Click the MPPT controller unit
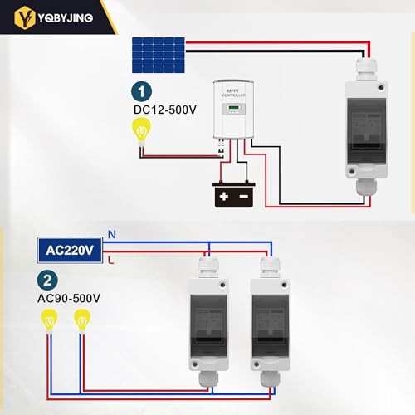[237, 110]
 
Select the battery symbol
[233, 195]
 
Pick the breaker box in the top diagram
[366, 129]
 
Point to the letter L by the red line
[110, 260]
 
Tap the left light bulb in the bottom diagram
[51, 320]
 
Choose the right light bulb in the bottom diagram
[81, 320]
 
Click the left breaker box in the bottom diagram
[212, 324]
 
